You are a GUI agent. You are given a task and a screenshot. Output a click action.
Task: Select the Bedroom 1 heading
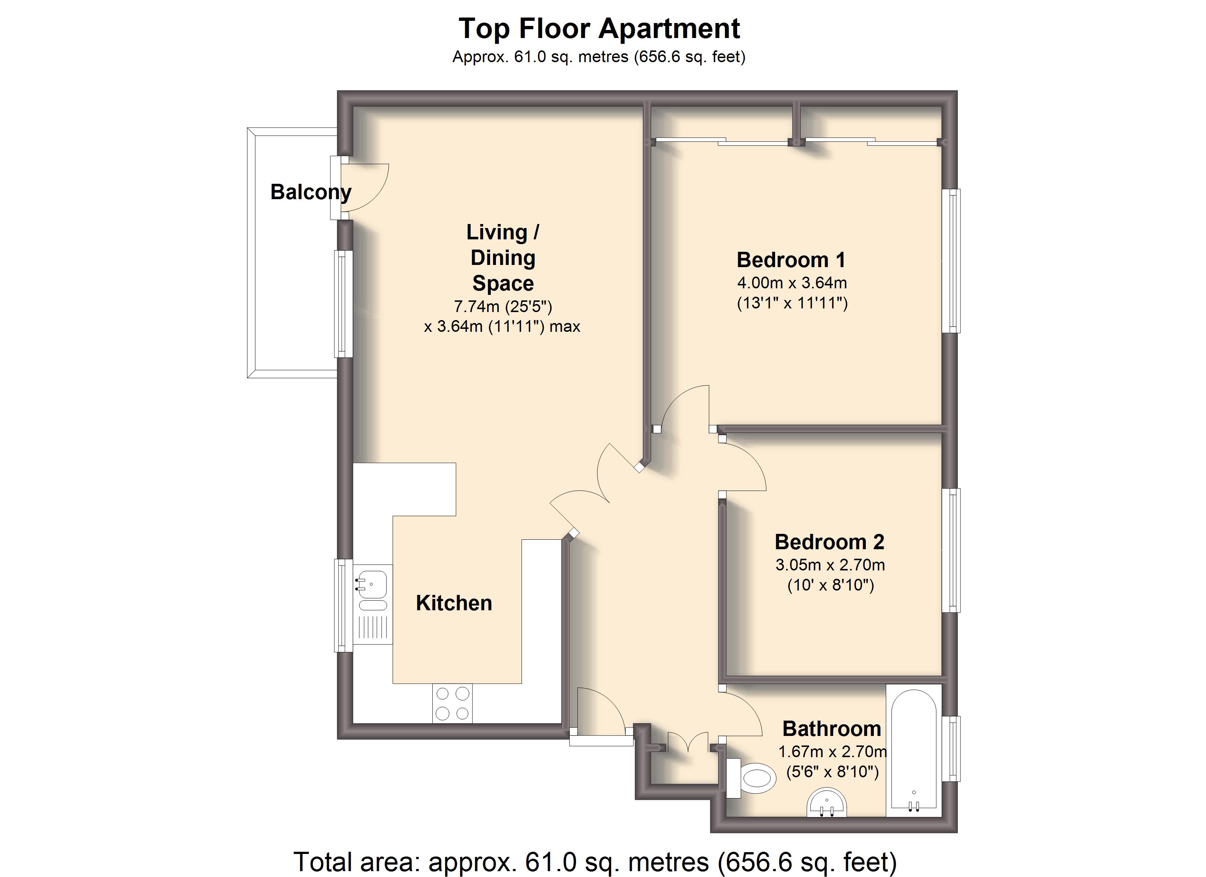click(x=791, y=260)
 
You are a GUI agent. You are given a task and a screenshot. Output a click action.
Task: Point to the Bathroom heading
click(x=832, y=729)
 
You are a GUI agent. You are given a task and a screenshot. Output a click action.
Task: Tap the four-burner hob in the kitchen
click(x=452, y=703)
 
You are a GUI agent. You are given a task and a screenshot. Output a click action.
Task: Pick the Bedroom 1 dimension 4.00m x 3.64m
click(x=792, y=283)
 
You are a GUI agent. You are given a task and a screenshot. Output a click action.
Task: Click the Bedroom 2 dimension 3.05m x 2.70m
click(x=830, y=565)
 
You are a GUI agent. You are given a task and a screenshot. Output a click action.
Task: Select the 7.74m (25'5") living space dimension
click(x=503, y=306)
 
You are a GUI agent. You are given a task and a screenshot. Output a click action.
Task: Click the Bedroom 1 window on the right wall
click(x=951, y=261)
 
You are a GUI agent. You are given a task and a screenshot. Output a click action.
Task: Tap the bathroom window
click(x=951, y=749)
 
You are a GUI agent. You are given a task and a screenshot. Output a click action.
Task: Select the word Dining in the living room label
click(x=503, y=258)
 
